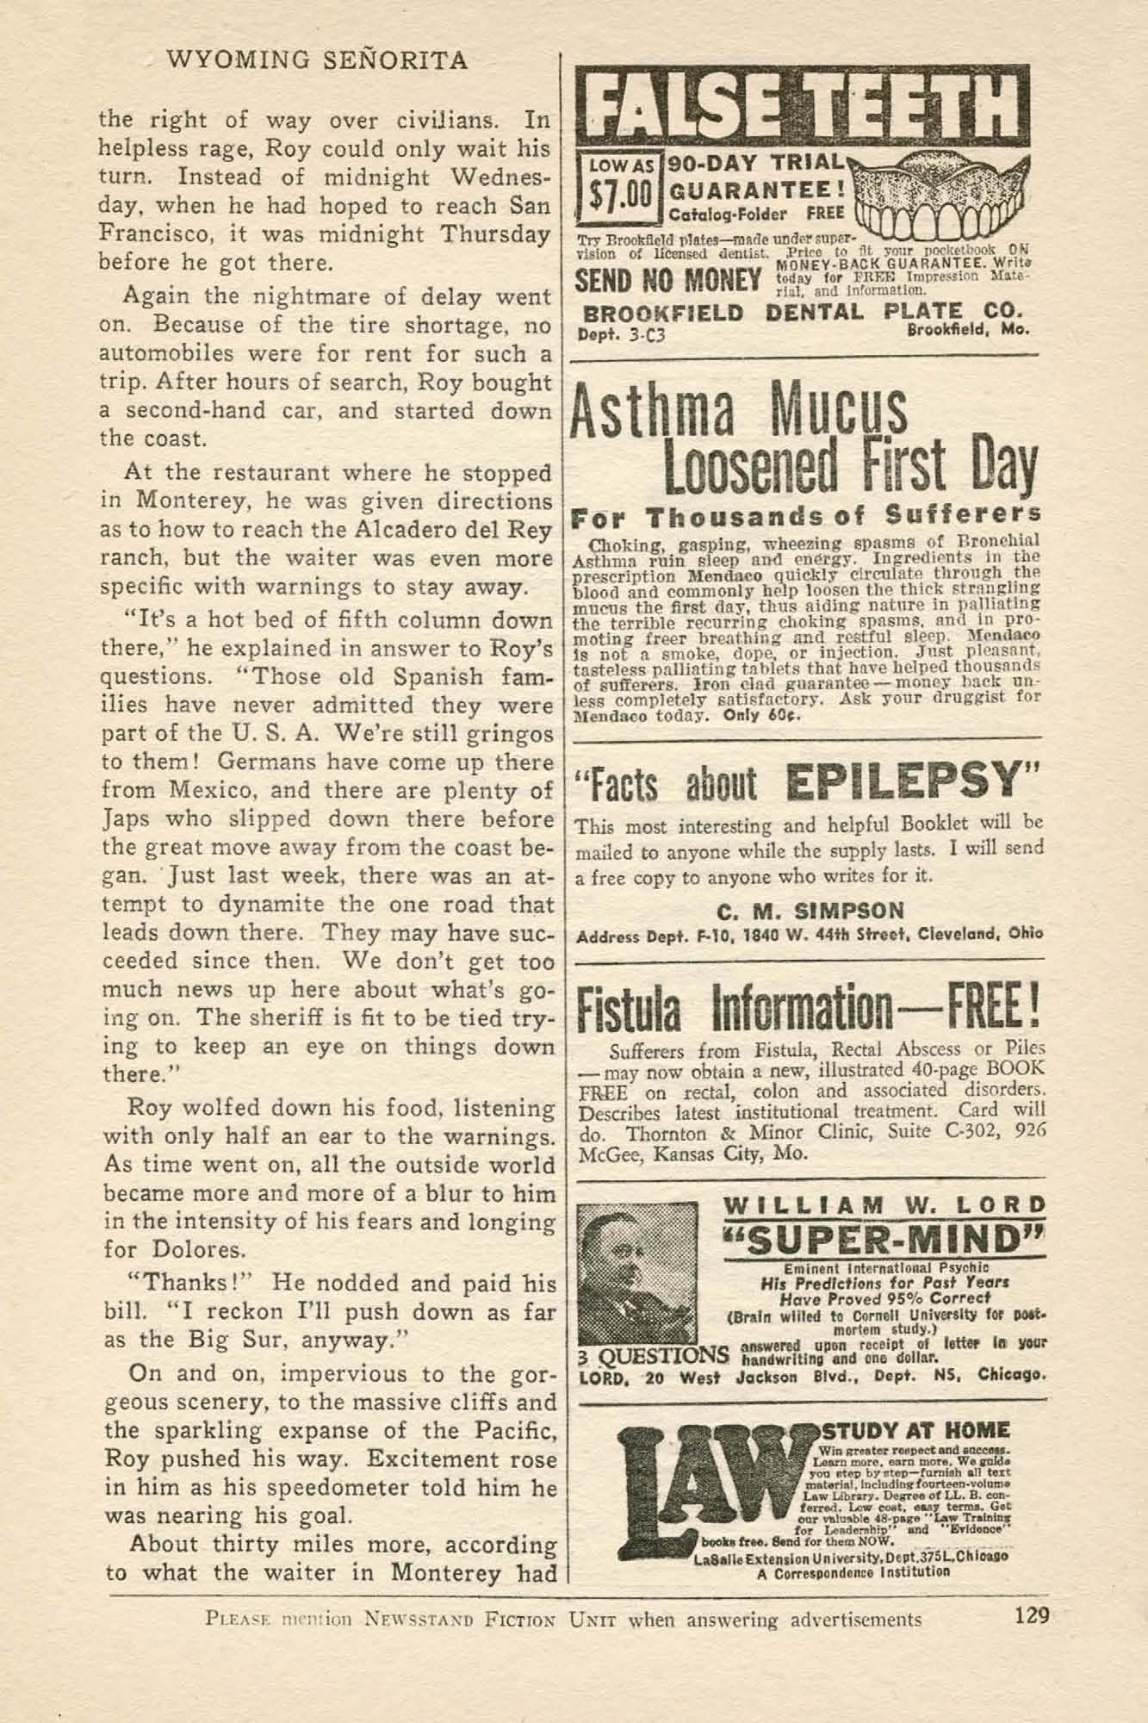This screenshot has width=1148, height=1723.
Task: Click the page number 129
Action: click(1030, 1614)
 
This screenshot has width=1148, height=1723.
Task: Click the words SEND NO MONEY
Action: click(667, 282)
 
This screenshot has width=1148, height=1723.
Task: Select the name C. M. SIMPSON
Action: click(810, 910)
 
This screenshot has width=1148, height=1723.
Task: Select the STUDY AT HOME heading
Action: click(916, 1431)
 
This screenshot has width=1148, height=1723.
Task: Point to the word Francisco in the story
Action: click(160, 234)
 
